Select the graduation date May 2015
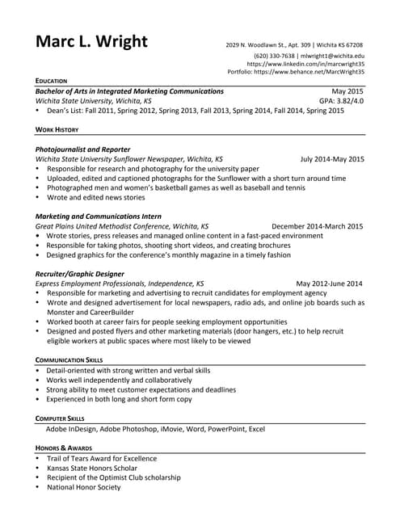pyautogui.click(x=347, y=92)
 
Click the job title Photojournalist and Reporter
pyautogui.click(x=83, y=149)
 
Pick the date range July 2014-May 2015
pyautogui.click(x=331, y=159)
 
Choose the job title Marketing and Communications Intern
pyautogui.click(x=99, y=216)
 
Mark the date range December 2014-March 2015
pyautogui.click(x=318, y=226)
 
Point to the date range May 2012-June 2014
pyautogui.click(x=329, y=284)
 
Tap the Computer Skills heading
pyautogui.click(x=60, y=418)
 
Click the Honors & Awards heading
pyautogui.click(x=63, y=448)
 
